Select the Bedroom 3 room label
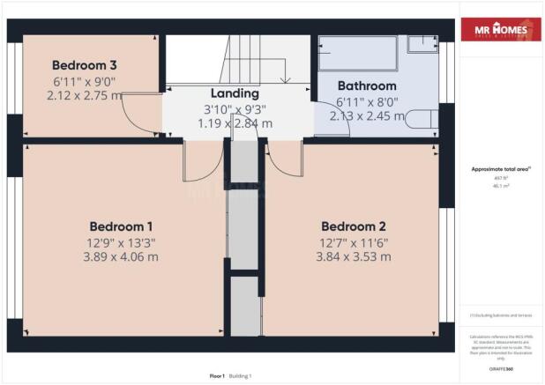(85, 65)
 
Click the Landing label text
(235, 93)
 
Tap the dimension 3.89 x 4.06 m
(122, 256)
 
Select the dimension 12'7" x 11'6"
(355, 241)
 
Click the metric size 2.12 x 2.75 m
(85, 95)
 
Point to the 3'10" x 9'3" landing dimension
(235, 109)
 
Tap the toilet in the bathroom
(422, 118)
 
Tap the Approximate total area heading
(499, 169)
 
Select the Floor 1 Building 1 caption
(230, 376)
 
